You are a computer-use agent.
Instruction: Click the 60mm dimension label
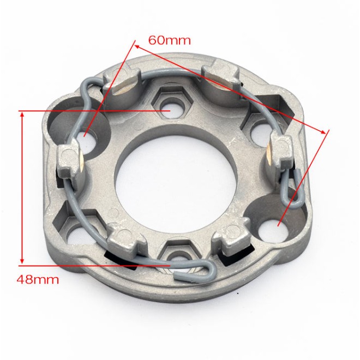coord(170,40)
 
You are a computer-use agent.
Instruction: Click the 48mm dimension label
coord(38,280)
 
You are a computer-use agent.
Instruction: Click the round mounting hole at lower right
coord(273,230)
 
